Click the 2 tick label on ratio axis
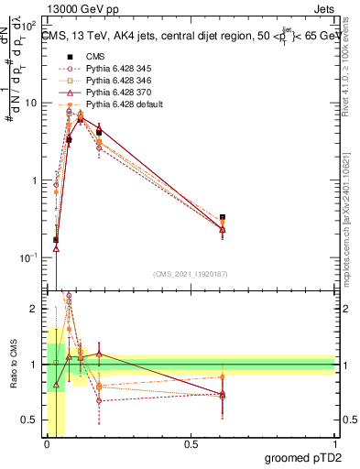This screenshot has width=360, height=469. click(x=35, y=310)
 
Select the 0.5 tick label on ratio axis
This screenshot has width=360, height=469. click(x=30, y=420)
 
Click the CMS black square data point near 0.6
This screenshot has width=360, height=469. click(x=223, y=218)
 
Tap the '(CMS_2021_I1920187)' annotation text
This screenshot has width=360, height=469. click(x=189, y=273)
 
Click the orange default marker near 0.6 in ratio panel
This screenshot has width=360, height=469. click(x=223, y=377)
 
